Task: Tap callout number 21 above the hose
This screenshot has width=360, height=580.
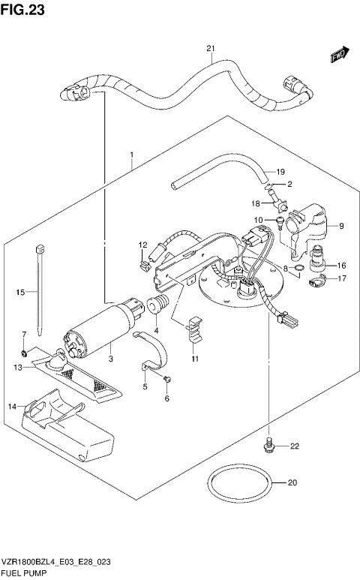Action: point(211,50)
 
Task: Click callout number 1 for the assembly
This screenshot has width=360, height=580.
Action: point(131,156)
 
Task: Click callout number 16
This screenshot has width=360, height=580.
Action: point(341,265)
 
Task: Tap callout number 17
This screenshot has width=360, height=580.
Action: point(341,279)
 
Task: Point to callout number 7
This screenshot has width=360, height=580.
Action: point(23,334)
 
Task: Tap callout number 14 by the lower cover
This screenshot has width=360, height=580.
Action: point(12,406)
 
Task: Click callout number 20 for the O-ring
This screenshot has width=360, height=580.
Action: point(292,482)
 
